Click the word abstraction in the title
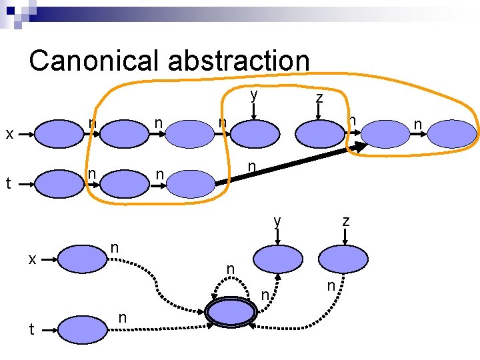238,60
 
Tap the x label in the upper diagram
10,134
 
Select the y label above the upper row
254,95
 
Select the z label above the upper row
319,98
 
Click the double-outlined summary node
231,311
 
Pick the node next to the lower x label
81,259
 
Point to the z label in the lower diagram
345,220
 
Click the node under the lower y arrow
277,258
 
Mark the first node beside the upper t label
59,184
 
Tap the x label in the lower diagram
31,259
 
